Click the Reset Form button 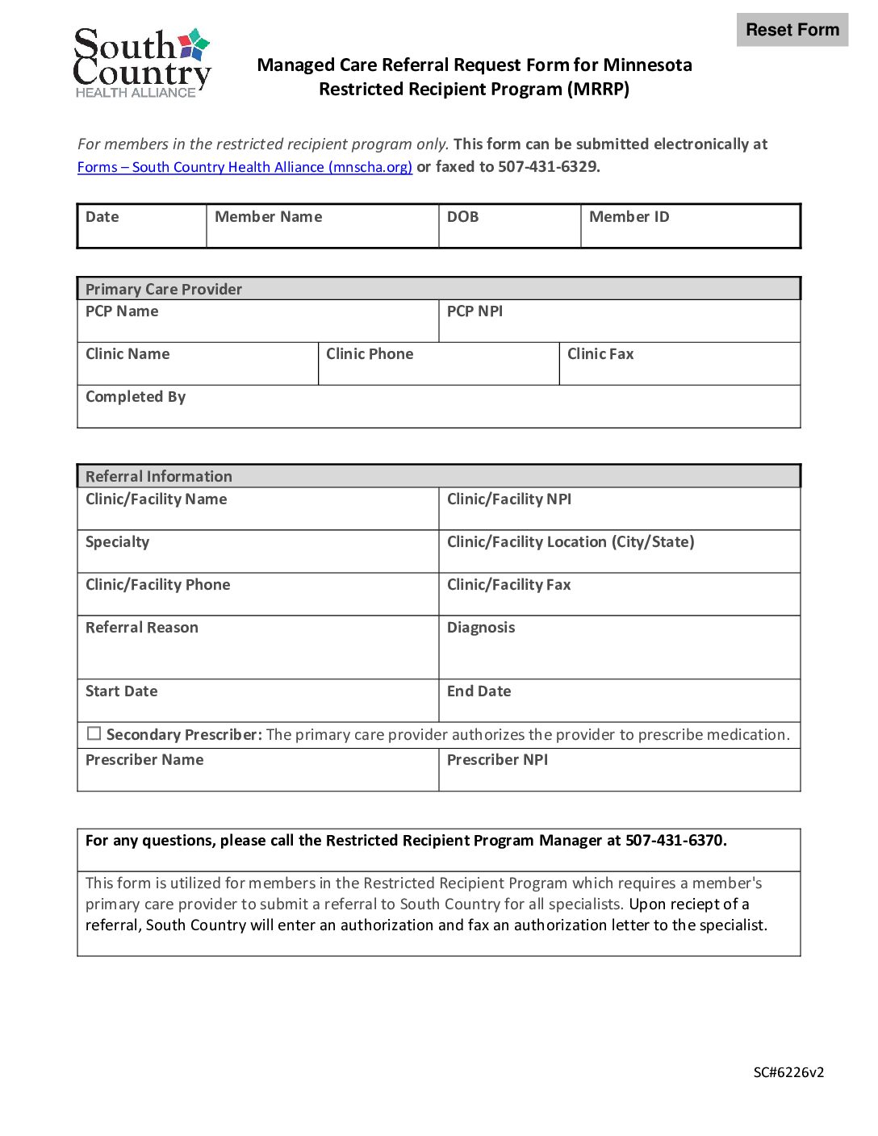[x=792, y=30]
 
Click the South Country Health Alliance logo [x=142, y=63]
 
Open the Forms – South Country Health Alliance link [x=245, y=167]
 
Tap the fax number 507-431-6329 [x=548, y=167]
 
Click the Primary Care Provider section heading [x=164, y=289]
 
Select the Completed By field [x=438, y=411]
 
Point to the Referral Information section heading [x=159, y=476]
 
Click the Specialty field [x=257, y=557]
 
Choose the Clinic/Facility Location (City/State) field [x=619, y=557]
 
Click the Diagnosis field [x=619, y=654]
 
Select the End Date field [x=619, y=706]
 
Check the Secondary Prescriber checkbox [x=94, y=733]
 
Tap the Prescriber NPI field [x=619, y=775]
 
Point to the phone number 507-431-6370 [x=675, y=841]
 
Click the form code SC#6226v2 [x=788, y=1072]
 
